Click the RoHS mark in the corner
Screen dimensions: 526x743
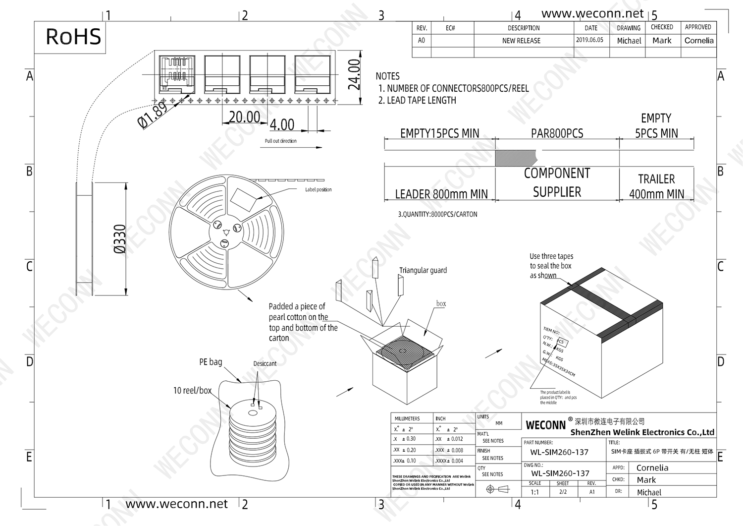click(73, 37)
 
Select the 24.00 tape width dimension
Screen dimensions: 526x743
click(354, 75)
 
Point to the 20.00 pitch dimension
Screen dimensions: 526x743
click(244, 117)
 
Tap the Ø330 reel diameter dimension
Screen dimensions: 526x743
click(120, 239)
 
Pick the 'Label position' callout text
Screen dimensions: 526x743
click(318, 190)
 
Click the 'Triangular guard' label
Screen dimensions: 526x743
click(423, 270)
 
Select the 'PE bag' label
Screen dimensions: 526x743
click(211, 362)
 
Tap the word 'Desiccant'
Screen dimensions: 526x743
click(265, 363)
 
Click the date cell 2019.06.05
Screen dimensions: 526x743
click(589, 40)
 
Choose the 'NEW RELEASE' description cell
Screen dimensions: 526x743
click(521, 41)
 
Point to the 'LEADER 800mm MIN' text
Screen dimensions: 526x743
click(441, 194)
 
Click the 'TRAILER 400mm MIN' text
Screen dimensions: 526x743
click(656, 186)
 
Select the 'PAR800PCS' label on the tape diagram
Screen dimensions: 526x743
click(557, 133)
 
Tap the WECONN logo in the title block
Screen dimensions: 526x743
click(545, 425)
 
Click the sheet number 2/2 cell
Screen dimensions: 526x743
click(563, 492)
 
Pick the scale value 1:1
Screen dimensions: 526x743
click(534, 492)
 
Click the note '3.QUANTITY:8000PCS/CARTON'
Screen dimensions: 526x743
click(437, 214)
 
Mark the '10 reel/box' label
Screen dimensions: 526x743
click(192, 391)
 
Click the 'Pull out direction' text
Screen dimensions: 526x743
click(280, 141)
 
